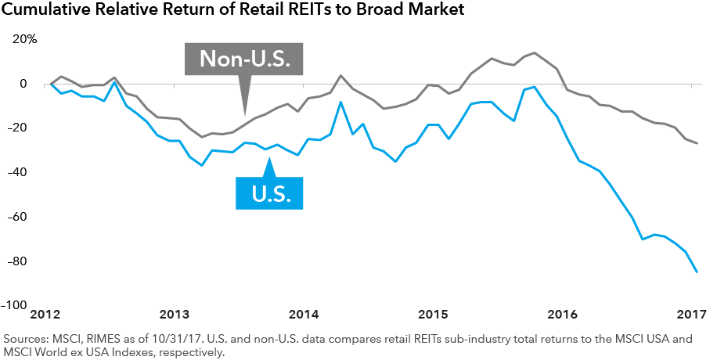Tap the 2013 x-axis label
175,315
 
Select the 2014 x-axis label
304,315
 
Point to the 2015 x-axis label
433,315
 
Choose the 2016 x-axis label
562,315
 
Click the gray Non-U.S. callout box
243,59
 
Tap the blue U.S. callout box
269,193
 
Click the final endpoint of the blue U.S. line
697,272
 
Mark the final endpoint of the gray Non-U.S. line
697,143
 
